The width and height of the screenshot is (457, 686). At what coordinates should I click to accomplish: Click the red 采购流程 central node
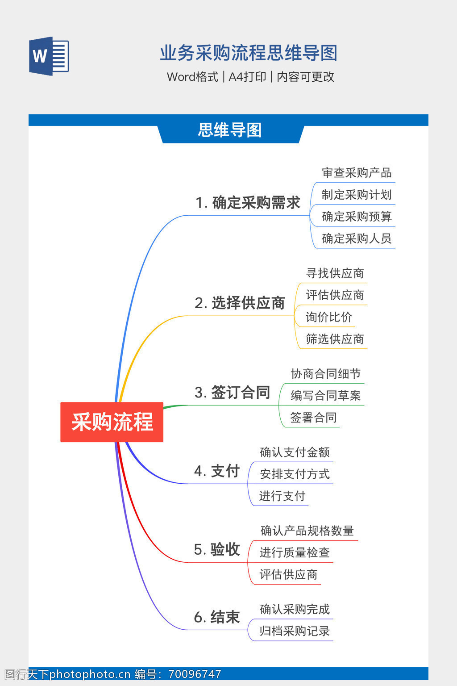tap(112, 422)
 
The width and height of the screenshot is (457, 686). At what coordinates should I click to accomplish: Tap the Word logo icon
tap(49, 56)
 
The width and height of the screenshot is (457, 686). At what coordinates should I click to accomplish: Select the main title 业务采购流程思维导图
tap(249, 53)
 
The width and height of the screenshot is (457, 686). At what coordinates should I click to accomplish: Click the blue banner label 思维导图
tap(229, 130)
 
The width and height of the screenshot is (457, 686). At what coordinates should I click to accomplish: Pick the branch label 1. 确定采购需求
tap(248, 203)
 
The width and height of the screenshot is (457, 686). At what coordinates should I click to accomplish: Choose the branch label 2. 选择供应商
tap(240, 303)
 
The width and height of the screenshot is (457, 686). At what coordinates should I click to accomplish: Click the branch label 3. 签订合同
tap(232, 393)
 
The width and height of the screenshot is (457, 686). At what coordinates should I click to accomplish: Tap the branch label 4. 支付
tap(217, 471)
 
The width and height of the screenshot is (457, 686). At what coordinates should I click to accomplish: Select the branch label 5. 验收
tap(217, 550)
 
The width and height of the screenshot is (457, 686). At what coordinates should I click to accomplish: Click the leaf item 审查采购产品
tap(357, 173)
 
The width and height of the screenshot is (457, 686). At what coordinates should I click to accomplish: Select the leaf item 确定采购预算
tap(357, 217)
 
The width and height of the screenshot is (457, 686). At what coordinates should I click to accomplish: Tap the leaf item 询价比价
tap(328, 317)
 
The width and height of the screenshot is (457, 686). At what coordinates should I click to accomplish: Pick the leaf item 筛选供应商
tap(335, 339)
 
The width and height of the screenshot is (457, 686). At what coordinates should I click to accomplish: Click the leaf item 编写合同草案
tap(325, 396)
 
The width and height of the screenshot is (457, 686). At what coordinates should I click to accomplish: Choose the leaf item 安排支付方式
tap(295, 474)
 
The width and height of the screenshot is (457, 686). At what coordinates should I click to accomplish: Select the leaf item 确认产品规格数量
tap(307, 531)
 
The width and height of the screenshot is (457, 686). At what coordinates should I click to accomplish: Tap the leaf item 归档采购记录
tap(295, 632)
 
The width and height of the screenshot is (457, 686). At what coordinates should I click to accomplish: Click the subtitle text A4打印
tap(247, 77)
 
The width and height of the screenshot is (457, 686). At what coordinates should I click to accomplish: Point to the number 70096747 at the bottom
tap(195, 674)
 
